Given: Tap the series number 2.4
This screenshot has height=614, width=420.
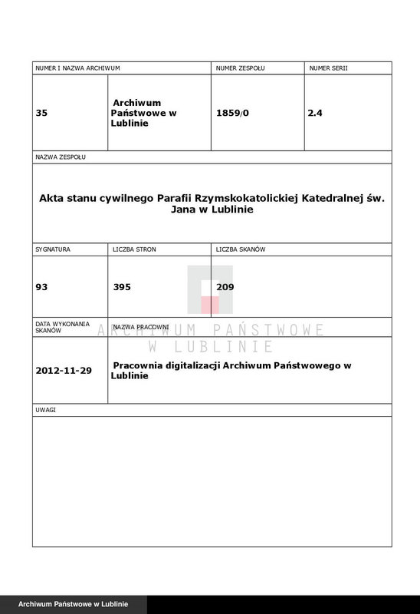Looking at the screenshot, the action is click(315, 113).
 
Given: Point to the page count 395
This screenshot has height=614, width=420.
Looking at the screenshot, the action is click(122, 287).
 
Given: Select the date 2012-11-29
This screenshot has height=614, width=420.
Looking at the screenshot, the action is click(64, 371).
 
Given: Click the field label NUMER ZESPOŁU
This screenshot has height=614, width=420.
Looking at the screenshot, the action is click(240, 69).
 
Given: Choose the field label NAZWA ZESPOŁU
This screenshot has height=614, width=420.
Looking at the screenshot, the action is click(61, 157).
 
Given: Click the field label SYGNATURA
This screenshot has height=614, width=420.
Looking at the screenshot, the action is click(53, 250).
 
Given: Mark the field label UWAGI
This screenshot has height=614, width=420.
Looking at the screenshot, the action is click(45, 410).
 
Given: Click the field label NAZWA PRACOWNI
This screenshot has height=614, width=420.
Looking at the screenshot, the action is click(141, 327).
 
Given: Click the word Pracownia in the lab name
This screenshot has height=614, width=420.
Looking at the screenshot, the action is click(139, 366).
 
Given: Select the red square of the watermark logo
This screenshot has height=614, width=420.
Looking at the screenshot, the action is click(210, 304).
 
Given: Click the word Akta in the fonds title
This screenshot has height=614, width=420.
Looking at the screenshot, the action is click(51, 197).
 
